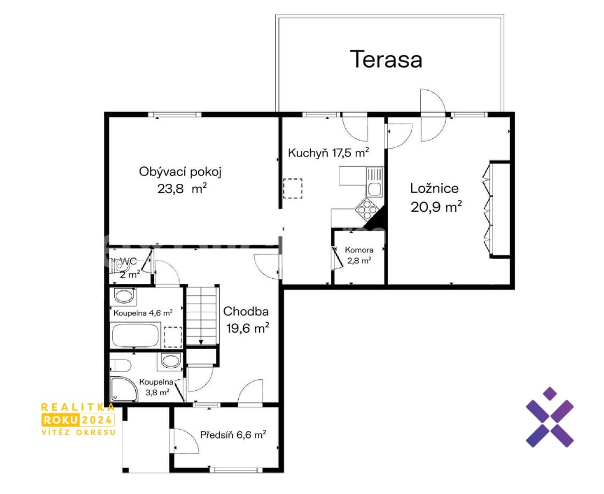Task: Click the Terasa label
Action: click(x=386, y=60)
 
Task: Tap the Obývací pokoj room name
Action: click(x=180, y=172)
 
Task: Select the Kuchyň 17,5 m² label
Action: click(x=328, y=153)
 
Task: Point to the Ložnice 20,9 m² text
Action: click(x=436, y=198)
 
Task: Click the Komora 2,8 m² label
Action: click(x=359, y=255)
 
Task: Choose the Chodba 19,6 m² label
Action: click(x=247, y=319)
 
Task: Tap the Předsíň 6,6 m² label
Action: click(x=233, y=435)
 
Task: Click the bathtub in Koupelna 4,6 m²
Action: click(x=135, y=335)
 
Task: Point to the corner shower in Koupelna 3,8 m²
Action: click(x=124, y=389)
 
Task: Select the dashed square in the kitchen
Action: click(x=293, y=188)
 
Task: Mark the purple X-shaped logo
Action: click(x=550, y=417)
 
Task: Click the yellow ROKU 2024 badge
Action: click(x=78, y=419)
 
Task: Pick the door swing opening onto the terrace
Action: click(x=433, y=115)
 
